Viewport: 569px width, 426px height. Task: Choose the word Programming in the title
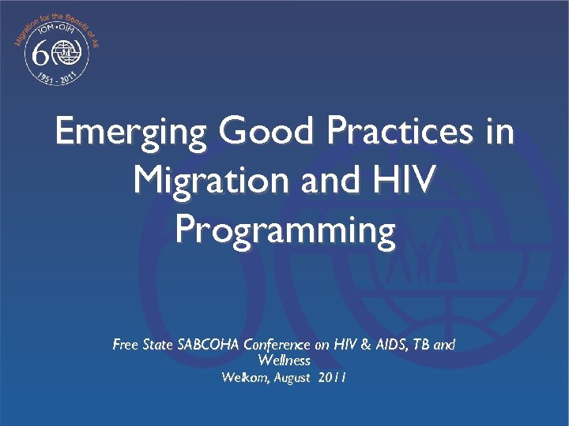(x=284, y=230)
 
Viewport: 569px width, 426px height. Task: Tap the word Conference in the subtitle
(x=277, y=345)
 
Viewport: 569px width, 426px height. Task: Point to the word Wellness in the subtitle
(x=284, y=361)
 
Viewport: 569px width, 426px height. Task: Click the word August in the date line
(x=292, y=378)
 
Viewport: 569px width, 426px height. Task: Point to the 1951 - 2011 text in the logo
(x=57, y=79)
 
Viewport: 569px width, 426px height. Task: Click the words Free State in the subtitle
(x=139, y=345)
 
